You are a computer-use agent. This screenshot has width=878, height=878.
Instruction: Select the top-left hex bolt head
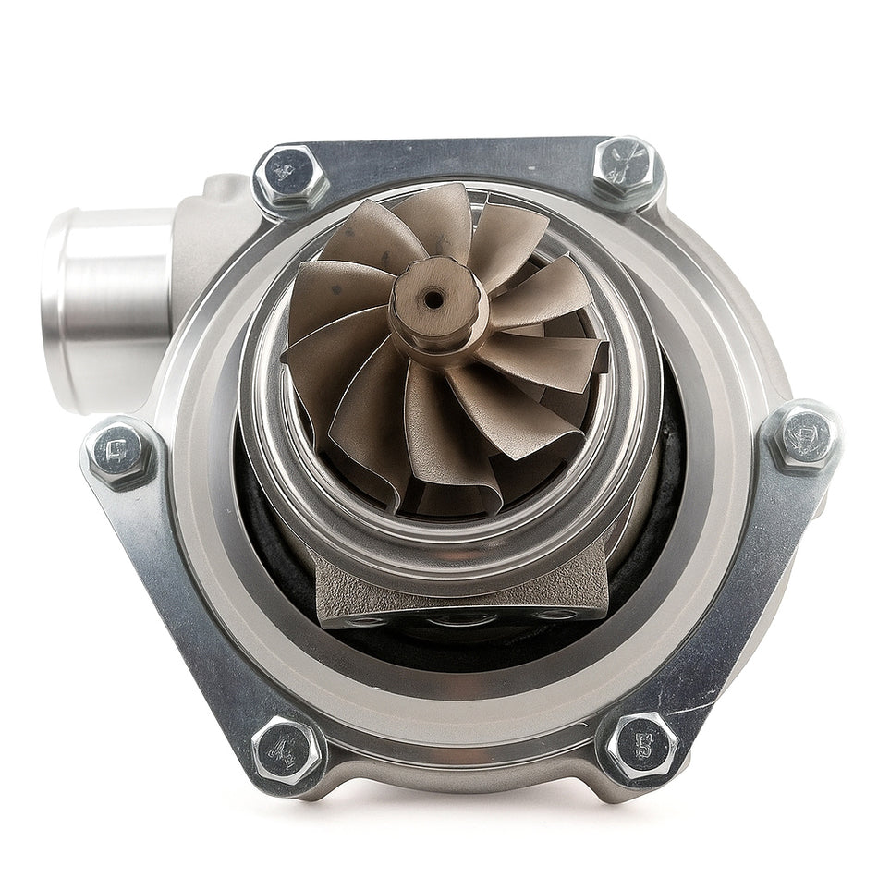(291, 176)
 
